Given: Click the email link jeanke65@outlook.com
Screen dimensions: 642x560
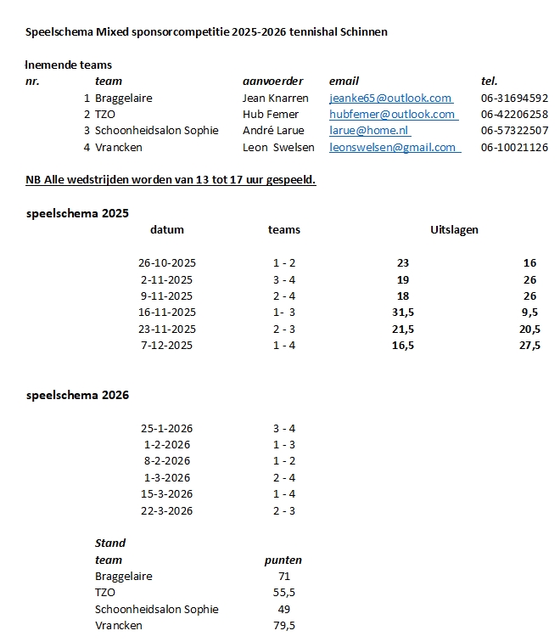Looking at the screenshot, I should coord(390,99).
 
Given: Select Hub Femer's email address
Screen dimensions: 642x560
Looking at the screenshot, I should coord(393,115).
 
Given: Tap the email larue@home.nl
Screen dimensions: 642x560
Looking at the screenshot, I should coord(369,131).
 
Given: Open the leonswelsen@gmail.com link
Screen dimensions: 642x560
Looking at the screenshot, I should coord(395,147).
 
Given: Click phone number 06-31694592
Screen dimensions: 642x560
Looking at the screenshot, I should coord(514,99).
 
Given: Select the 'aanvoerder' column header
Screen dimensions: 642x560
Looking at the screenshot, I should coord(272,82).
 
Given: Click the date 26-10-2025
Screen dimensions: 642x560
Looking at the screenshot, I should coord(167,263).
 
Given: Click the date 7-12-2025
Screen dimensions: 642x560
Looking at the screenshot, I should coord(167,345).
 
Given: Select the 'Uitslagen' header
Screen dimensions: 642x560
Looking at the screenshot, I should coord(454,230).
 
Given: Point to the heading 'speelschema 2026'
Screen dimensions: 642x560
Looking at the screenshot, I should coord(77,395).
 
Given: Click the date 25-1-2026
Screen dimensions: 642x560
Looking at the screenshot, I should coord(167,428).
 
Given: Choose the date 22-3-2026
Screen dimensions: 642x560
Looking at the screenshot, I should coord(167,510).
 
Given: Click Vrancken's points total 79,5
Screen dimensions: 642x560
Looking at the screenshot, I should coord(283,625).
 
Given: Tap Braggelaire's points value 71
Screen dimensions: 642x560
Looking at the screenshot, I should coord(283,576).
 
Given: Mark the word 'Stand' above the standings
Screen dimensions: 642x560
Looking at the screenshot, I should coord(110,543).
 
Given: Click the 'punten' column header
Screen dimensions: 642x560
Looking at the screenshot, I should coord(283,560).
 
